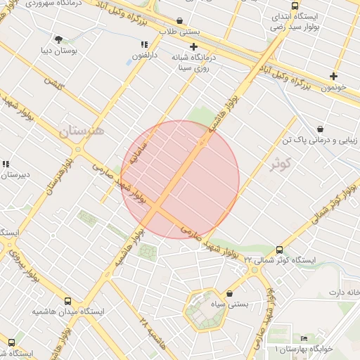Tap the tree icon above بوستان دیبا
(x=58, y=39)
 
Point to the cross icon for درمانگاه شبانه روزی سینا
(x=193, y=46)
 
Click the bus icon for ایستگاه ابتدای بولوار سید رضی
(x=294, y=6)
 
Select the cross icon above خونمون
(x=333, y=76)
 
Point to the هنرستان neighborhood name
(x=82, y=131)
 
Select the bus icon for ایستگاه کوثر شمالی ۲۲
(x=280, y=250)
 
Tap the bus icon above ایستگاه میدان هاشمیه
(x=67, y=301)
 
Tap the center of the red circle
(x=180, y=180)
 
